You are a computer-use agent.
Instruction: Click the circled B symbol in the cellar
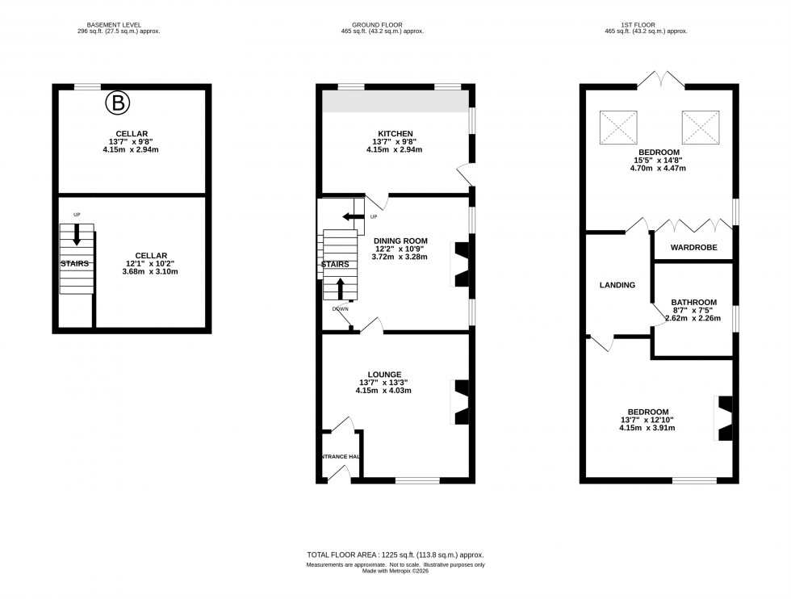(x=118, y=103)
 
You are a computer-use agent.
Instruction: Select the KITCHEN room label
(x=395, y=134)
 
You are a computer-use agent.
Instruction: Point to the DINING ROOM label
(x=400, y=241)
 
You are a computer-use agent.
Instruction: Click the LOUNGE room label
(x=385, y=375)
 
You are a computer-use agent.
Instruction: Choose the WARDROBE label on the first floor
(x=692, y=248)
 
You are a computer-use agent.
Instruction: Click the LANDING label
(x=617, y=285)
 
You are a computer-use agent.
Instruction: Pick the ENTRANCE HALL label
(x=340, y=457)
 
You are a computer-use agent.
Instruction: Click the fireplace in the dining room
(x=461, y=264)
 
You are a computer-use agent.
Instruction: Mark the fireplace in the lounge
(x=461, y=401)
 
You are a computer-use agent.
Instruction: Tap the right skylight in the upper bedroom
(x=701, y=127)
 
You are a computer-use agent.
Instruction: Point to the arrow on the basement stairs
(x=77, y=235)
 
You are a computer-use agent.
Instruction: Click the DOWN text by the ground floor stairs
(x=340, y=308)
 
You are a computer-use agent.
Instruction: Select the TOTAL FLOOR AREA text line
(x=395, y=555)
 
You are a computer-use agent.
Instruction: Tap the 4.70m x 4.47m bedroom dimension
(x=659, y=169)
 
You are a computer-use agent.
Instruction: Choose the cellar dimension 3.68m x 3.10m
(x=151, y=271)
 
